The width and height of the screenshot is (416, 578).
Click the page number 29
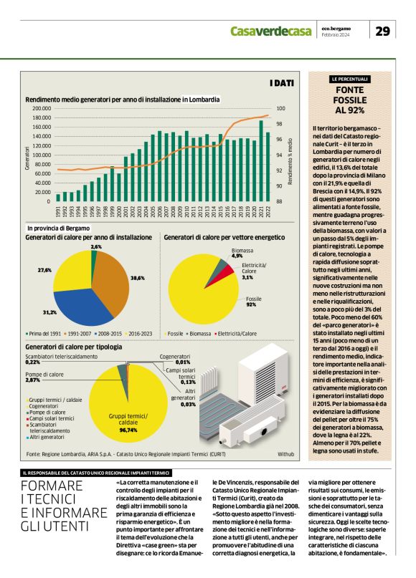[x=383, y=30]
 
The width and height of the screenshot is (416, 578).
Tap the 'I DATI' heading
[x=282, y=83]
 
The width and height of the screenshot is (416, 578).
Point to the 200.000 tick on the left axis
[x=41, y=109]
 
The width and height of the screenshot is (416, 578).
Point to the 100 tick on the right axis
[x=280, y=109]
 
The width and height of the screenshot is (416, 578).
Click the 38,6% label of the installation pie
[x=138, y=277]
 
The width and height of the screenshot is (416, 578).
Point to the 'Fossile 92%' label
[x=254, y=301]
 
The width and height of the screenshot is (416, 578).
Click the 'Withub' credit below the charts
[x=285, y=455]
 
